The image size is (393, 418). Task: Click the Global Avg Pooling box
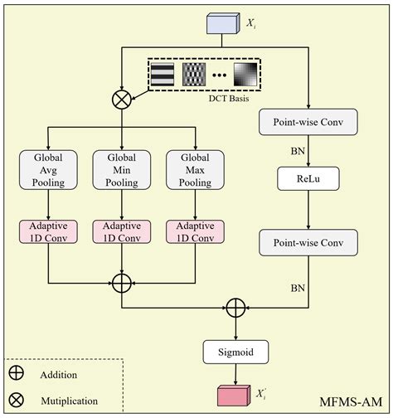point(50,169)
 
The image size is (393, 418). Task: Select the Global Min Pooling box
point(122,169)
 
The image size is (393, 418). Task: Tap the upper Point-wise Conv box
point(308,122)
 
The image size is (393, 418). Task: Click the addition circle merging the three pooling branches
point(122,283)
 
